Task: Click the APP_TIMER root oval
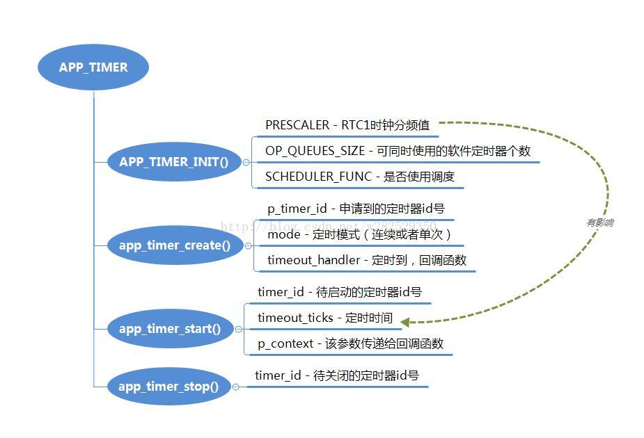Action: [93, 67]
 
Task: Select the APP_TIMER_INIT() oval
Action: [173, 162]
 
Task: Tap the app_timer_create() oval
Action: [174, 245]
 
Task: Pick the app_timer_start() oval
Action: [169, 329]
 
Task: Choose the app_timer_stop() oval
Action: [168, 387]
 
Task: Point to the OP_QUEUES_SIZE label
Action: [315, 151]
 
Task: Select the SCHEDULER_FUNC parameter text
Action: [318, 177]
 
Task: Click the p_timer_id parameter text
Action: [297, 209]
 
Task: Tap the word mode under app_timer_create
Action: [283, 234]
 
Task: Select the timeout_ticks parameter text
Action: [295, 318]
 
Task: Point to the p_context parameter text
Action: [285, 343]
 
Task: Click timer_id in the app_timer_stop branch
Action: [278, 375]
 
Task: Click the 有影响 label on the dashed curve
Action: [599, 222]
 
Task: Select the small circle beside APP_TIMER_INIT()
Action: [246, 163]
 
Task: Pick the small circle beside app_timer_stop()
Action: [235, 387]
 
